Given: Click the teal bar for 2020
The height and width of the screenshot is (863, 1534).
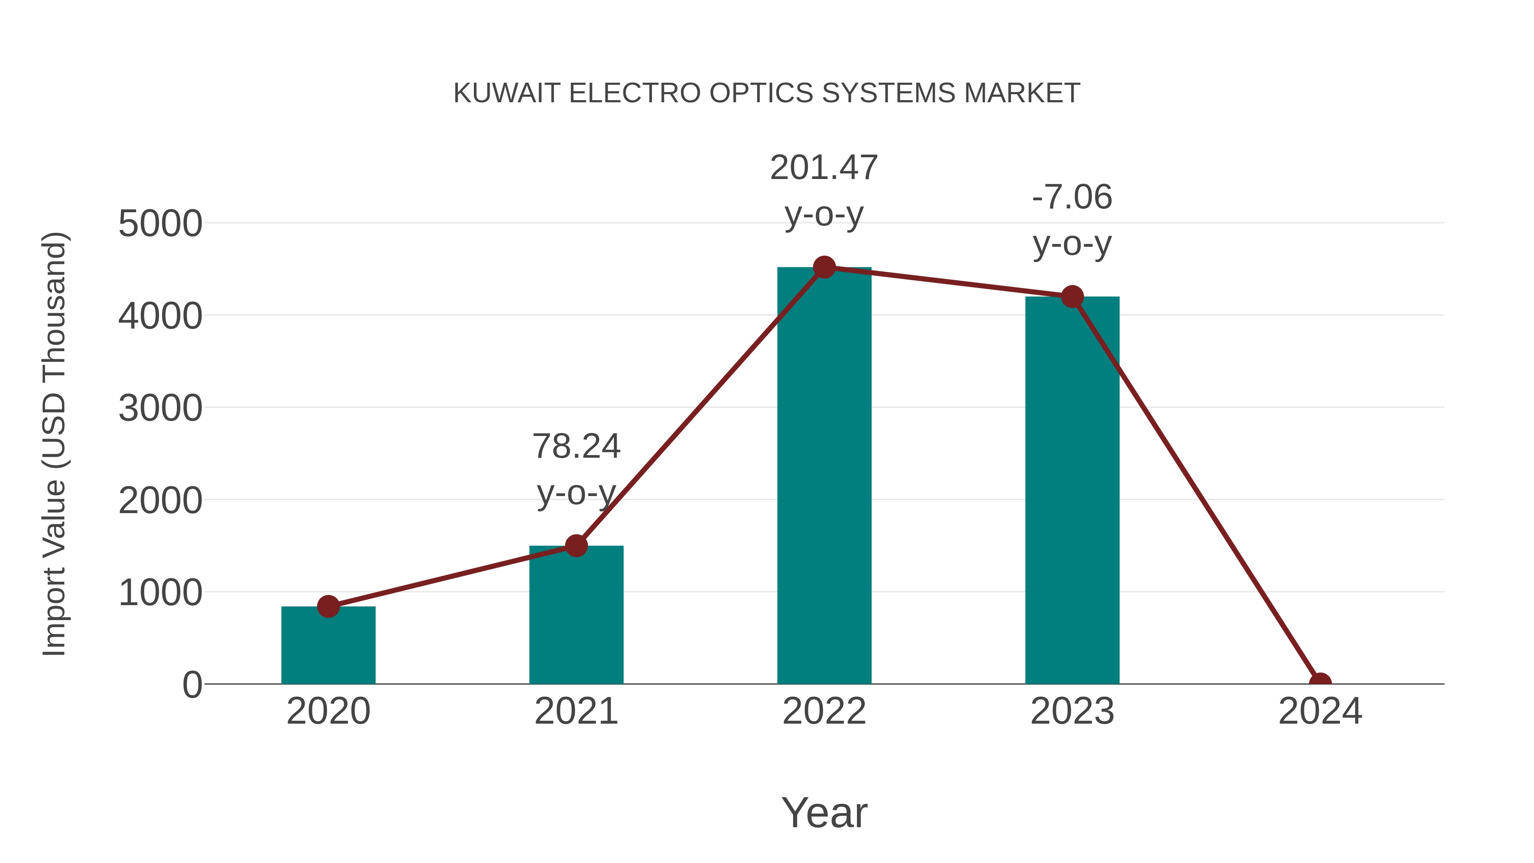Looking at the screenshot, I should [328, 649].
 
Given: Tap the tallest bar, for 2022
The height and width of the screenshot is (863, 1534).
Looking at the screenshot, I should [824, 476].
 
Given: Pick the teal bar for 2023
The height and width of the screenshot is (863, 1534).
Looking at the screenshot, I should [1072, 494].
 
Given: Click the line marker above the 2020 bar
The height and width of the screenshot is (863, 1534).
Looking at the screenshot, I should [328, 606].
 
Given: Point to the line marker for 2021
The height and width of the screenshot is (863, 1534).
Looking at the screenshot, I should [576, 545].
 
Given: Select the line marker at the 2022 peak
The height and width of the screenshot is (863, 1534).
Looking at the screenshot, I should [824, 267].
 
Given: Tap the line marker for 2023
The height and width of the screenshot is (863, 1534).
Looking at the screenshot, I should [1072, 297].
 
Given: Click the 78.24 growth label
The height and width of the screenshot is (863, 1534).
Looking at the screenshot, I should [576, 446].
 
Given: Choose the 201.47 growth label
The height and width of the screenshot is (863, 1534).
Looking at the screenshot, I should [824, 167].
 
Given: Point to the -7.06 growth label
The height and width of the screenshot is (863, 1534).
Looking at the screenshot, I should [1072, 197].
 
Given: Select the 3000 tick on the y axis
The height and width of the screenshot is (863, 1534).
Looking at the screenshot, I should [160, 409].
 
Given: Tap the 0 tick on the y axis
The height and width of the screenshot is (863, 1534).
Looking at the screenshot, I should [192, 685].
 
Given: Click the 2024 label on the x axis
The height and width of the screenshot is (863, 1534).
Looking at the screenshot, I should [1320, 711].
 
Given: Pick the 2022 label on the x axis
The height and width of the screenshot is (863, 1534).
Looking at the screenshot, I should [824, 711].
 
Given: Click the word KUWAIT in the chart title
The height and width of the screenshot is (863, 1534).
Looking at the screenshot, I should [507, 93].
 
